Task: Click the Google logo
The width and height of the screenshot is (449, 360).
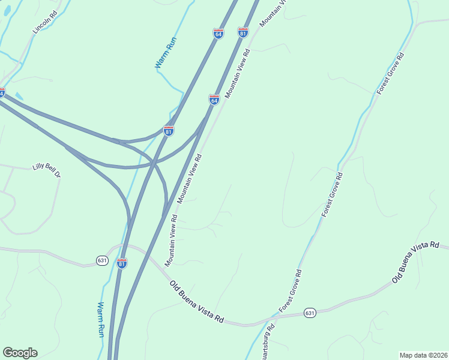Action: point(20,353)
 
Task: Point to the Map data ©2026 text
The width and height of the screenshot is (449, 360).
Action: point(424,355)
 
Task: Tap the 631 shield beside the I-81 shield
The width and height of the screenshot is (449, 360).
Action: point(102,260)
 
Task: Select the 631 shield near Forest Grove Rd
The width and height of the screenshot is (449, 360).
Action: point(309,313)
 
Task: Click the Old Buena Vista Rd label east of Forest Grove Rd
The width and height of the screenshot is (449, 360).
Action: point(415,263)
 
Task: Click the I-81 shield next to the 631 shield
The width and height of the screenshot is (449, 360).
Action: point(122,263)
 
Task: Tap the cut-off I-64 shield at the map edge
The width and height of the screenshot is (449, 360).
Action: point(2,93)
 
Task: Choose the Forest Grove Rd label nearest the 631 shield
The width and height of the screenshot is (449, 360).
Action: point(291,290)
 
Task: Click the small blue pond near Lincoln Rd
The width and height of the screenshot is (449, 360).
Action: point(19,96)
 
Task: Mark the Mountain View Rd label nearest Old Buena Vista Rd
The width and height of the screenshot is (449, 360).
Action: point(171,240)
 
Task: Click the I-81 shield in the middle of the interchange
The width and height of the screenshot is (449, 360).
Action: point(169,130)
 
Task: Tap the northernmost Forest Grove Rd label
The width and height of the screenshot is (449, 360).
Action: point(391,73)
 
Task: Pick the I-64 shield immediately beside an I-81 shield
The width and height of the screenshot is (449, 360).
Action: point(218,34)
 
